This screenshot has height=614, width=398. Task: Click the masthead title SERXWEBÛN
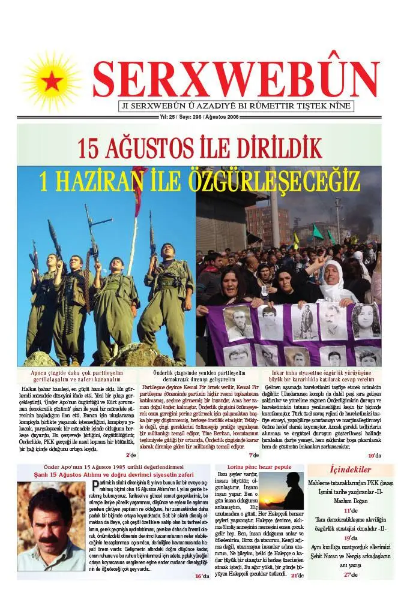coord(236,79)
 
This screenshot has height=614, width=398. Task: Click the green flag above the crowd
coord(318,231)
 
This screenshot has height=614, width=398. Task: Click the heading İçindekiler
coord(351,469)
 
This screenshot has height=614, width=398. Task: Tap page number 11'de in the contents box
coord(351,510)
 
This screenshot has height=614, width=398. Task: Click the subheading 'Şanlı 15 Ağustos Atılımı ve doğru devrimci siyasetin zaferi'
coord(113,475)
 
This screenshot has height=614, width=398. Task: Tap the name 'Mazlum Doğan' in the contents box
coord(351,501)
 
